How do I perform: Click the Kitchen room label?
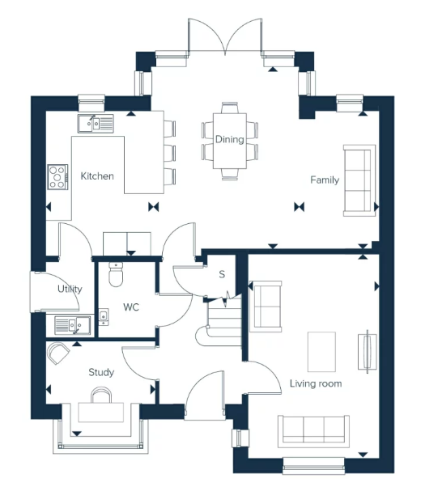pos(97,176)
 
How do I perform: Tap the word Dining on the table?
pos(229,139)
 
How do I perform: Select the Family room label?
pos(325,180)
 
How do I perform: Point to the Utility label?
pos(70,289)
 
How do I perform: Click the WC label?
pos(131,307)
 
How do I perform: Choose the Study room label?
pos(101,372)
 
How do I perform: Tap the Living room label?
pos(316,383)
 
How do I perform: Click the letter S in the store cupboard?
pos(222,274)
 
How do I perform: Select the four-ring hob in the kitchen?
pos(57,177)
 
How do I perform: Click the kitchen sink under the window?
pos(96,124)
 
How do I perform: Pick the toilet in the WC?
pos(115,275)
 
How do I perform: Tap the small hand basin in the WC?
pos(104,316)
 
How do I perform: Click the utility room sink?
pos(72,325)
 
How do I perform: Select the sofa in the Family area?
pos(359,180)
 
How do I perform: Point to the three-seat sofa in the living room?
pos(313,431)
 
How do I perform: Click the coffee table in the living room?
pos(321,352)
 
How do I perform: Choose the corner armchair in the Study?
pos(58,353)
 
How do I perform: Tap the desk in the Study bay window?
pos(101,412)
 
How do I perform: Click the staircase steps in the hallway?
pos(224,321)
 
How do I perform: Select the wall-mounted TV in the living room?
pos(367,352)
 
